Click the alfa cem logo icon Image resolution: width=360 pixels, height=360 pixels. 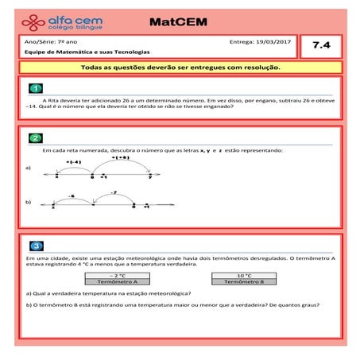pos(33,21)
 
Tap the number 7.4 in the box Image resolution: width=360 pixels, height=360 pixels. pos(321,46)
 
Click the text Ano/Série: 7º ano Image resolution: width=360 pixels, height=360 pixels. pos(46,41)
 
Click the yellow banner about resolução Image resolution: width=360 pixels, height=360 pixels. pos(180,68)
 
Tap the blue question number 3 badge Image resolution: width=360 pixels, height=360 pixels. pos(35,246)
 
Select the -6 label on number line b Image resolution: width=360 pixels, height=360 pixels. pos(72,195)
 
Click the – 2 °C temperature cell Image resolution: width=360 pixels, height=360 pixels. pos(117,275)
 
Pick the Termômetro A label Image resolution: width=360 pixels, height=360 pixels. pos(117,281)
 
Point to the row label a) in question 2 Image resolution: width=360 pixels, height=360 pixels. pos(29,168)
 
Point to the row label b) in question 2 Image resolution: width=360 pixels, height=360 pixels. pos(29,203)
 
